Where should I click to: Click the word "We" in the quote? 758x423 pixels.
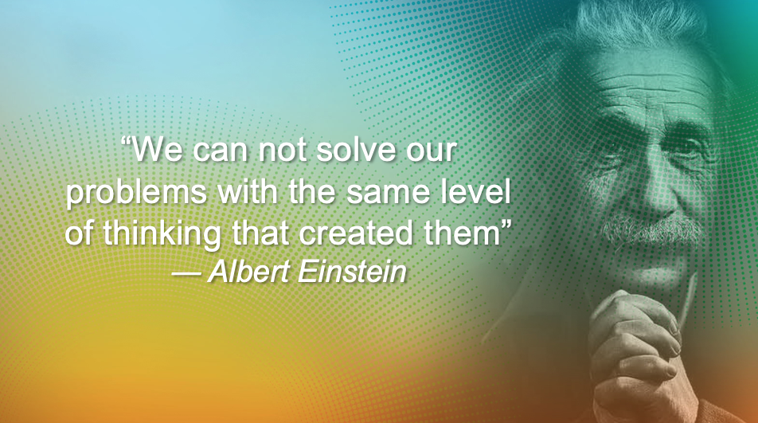(x=158, y=150)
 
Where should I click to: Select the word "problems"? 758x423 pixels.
(x=136, y=194)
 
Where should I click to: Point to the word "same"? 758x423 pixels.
(x=389, y=192)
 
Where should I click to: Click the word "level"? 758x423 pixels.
(x=476, y=191)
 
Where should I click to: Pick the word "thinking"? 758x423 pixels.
(x=162, y=234)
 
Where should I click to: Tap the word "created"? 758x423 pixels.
(x=356, y=233)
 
